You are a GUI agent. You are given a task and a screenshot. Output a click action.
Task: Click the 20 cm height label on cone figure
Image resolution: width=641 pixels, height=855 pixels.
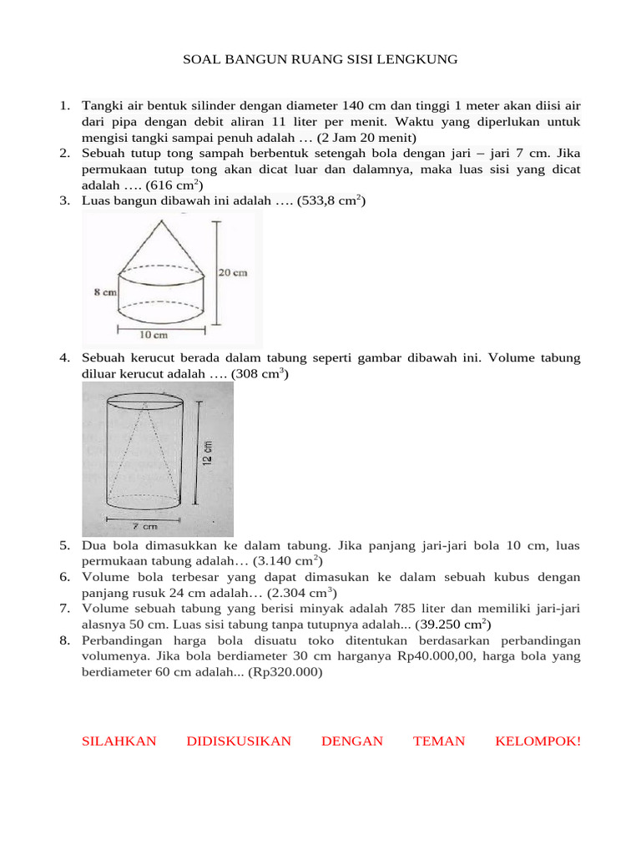[234, 273]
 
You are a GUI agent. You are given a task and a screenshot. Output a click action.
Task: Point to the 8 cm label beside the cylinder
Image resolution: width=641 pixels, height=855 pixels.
[103, 293]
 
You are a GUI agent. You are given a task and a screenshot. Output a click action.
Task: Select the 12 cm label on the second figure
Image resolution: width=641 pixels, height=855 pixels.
[208, 454]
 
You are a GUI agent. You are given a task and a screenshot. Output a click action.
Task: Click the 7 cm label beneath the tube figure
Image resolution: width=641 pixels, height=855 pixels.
[144, 526]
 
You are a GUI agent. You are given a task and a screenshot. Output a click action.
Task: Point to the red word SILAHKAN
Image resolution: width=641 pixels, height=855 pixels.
[119, 741]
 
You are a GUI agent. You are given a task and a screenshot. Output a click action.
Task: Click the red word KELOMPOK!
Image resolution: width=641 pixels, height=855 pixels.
[538, 741]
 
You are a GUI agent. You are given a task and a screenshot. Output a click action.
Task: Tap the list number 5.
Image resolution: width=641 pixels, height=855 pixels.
[64, 545]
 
